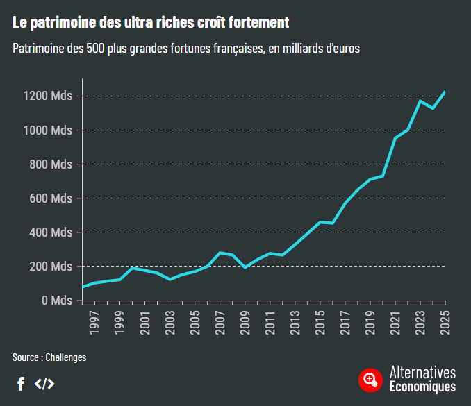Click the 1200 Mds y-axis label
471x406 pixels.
click(51, 96)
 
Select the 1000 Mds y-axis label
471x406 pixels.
click(51, 130)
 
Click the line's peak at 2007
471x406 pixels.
click(220, 253)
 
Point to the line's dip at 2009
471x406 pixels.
click(245, 267)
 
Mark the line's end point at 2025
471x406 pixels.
click(445, 92)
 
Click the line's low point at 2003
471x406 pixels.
click(170, 279)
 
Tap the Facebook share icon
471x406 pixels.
click(21, 383)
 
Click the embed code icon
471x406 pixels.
click(44, 383)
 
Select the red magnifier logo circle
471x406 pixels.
click(370, 379)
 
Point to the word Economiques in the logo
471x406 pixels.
click(422, 387)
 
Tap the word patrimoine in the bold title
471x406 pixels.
click(56, 23)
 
